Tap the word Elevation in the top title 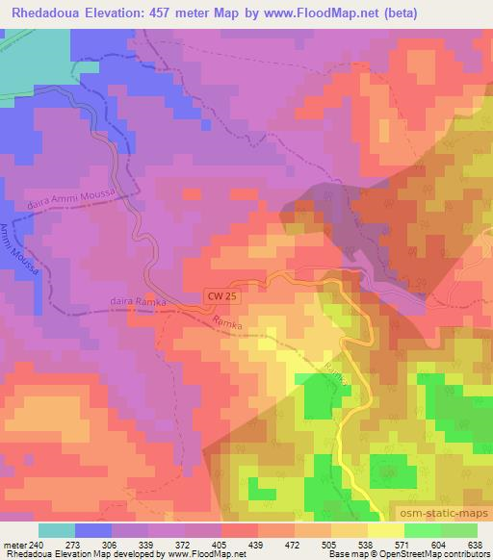(126, 13)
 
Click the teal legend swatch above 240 (57, 530)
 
